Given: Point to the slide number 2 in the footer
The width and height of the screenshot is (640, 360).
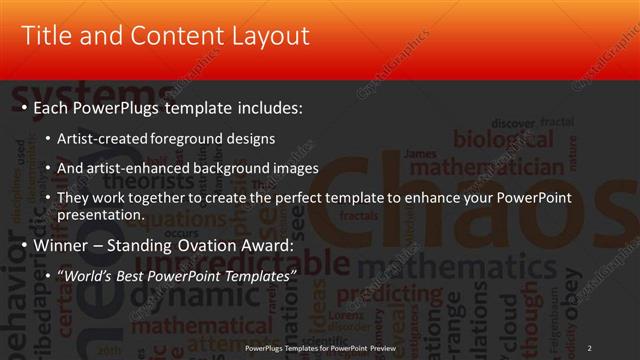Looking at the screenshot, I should (x=590, y=347).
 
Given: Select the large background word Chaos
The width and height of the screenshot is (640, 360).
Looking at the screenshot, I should (x=470, y=210).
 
